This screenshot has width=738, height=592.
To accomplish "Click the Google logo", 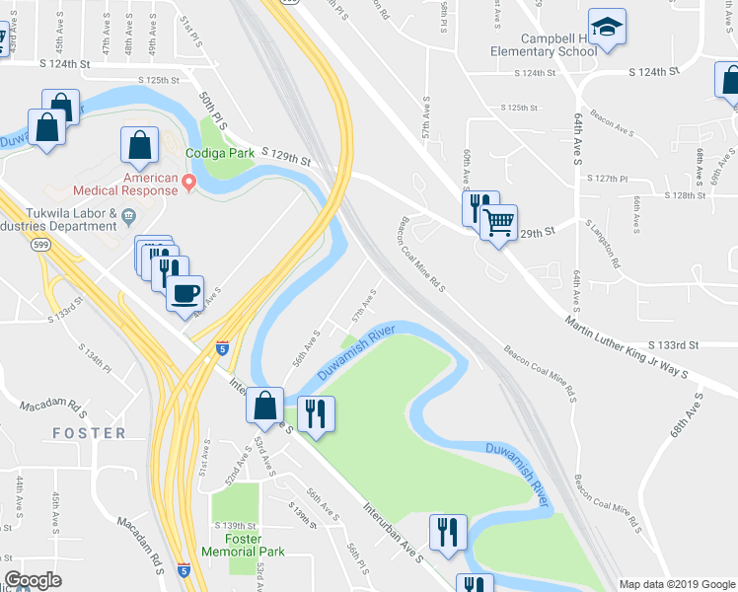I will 33,580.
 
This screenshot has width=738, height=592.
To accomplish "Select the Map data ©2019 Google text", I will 677,584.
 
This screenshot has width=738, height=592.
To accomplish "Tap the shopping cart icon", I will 499,223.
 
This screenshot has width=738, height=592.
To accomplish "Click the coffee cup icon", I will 184,294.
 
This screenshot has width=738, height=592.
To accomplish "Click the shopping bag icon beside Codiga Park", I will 139,146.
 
